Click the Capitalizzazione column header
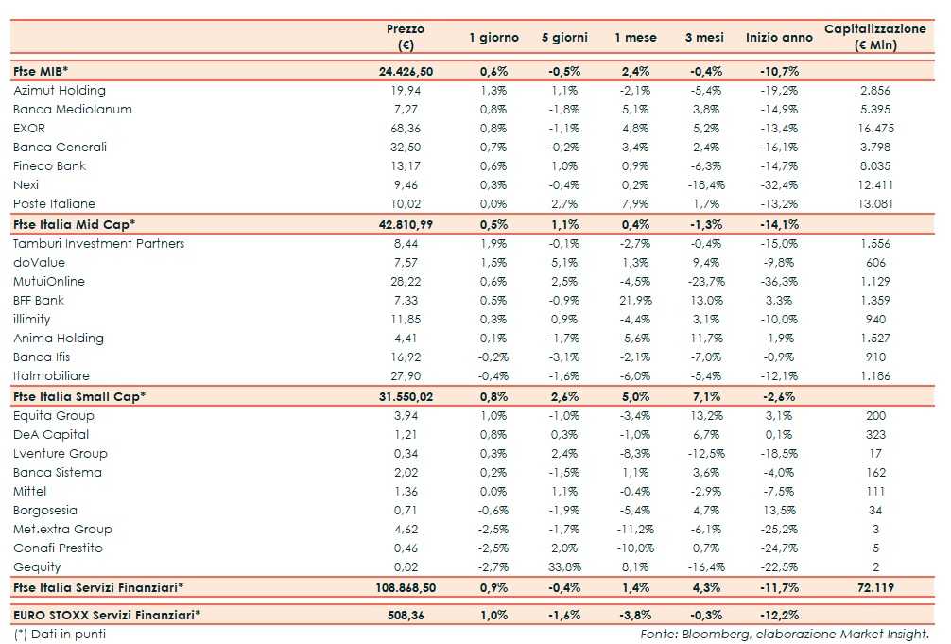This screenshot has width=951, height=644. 874,37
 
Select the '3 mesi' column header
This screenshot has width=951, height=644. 704,38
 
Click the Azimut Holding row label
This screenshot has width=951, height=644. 60,91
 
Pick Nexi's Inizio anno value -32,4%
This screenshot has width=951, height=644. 778,185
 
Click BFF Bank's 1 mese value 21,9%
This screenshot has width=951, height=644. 635,301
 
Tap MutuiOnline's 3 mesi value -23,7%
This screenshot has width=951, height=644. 703,282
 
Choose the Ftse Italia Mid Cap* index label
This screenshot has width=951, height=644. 75,224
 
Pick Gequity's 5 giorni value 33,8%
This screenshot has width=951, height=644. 564,567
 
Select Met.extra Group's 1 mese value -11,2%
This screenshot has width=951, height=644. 635,530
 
